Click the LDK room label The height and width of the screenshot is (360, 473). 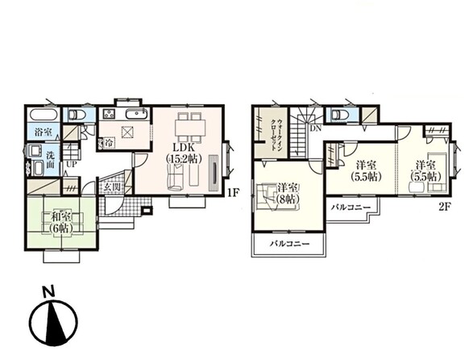tap(184, 153)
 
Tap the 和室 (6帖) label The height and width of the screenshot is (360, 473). tap(61, 222)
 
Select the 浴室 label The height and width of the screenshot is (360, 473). tap(44, 132)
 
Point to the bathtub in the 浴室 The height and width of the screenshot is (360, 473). tap(43, 115)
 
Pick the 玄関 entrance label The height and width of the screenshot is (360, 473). tap(113, 187)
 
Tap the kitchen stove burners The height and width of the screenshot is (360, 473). tap(110, 114)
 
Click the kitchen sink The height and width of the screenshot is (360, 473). tap(136, 115)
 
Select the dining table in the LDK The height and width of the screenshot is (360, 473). tap(190, 127)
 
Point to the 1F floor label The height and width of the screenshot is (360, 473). tap(233, 193)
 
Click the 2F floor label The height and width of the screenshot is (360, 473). tap(444, 207)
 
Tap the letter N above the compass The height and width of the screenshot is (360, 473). tap(48, 291)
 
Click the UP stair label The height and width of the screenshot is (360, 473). tap(72, 165)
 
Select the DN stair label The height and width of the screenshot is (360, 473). tap(316, 128)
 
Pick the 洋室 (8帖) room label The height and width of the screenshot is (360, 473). tap(288, 194)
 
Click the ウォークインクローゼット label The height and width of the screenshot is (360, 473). tap(277, 135)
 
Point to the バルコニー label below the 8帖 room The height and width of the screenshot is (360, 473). tap(290, 244)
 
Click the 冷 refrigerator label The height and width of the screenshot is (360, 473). tap(109, 143)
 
